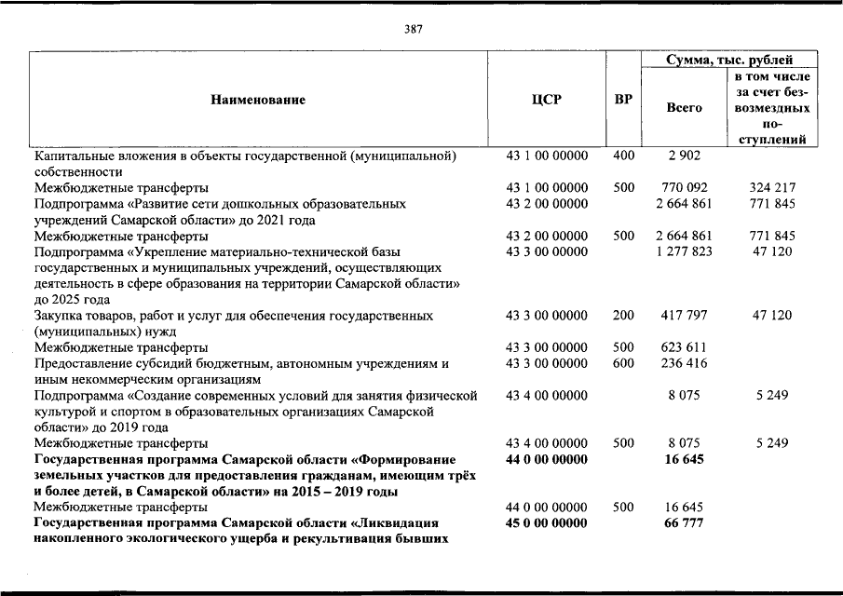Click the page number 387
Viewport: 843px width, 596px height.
[x=414, y=29]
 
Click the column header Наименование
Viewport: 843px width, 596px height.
[x=258, y=100]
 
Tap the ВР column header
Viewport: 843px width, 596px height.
[x=623, y=100]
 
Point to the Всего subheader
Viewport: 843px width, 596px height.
[x=685, y=108]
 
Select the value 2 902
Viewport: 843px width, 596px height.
[x=685, y=156]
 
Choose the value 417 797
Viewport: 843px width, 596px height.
[x=685, y=316]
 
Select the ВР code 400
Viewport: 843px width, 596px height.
[x=623, y=156]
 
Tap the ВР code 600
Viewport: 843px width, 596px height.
[x=623, y=363]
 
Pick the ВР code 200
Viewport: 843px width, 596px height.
[x=623, y=316]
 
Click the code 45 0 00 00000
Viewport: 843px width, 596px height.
[x=547, y=523]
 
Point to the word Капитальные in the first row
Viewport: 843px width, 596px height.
[x=73, y=156]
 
